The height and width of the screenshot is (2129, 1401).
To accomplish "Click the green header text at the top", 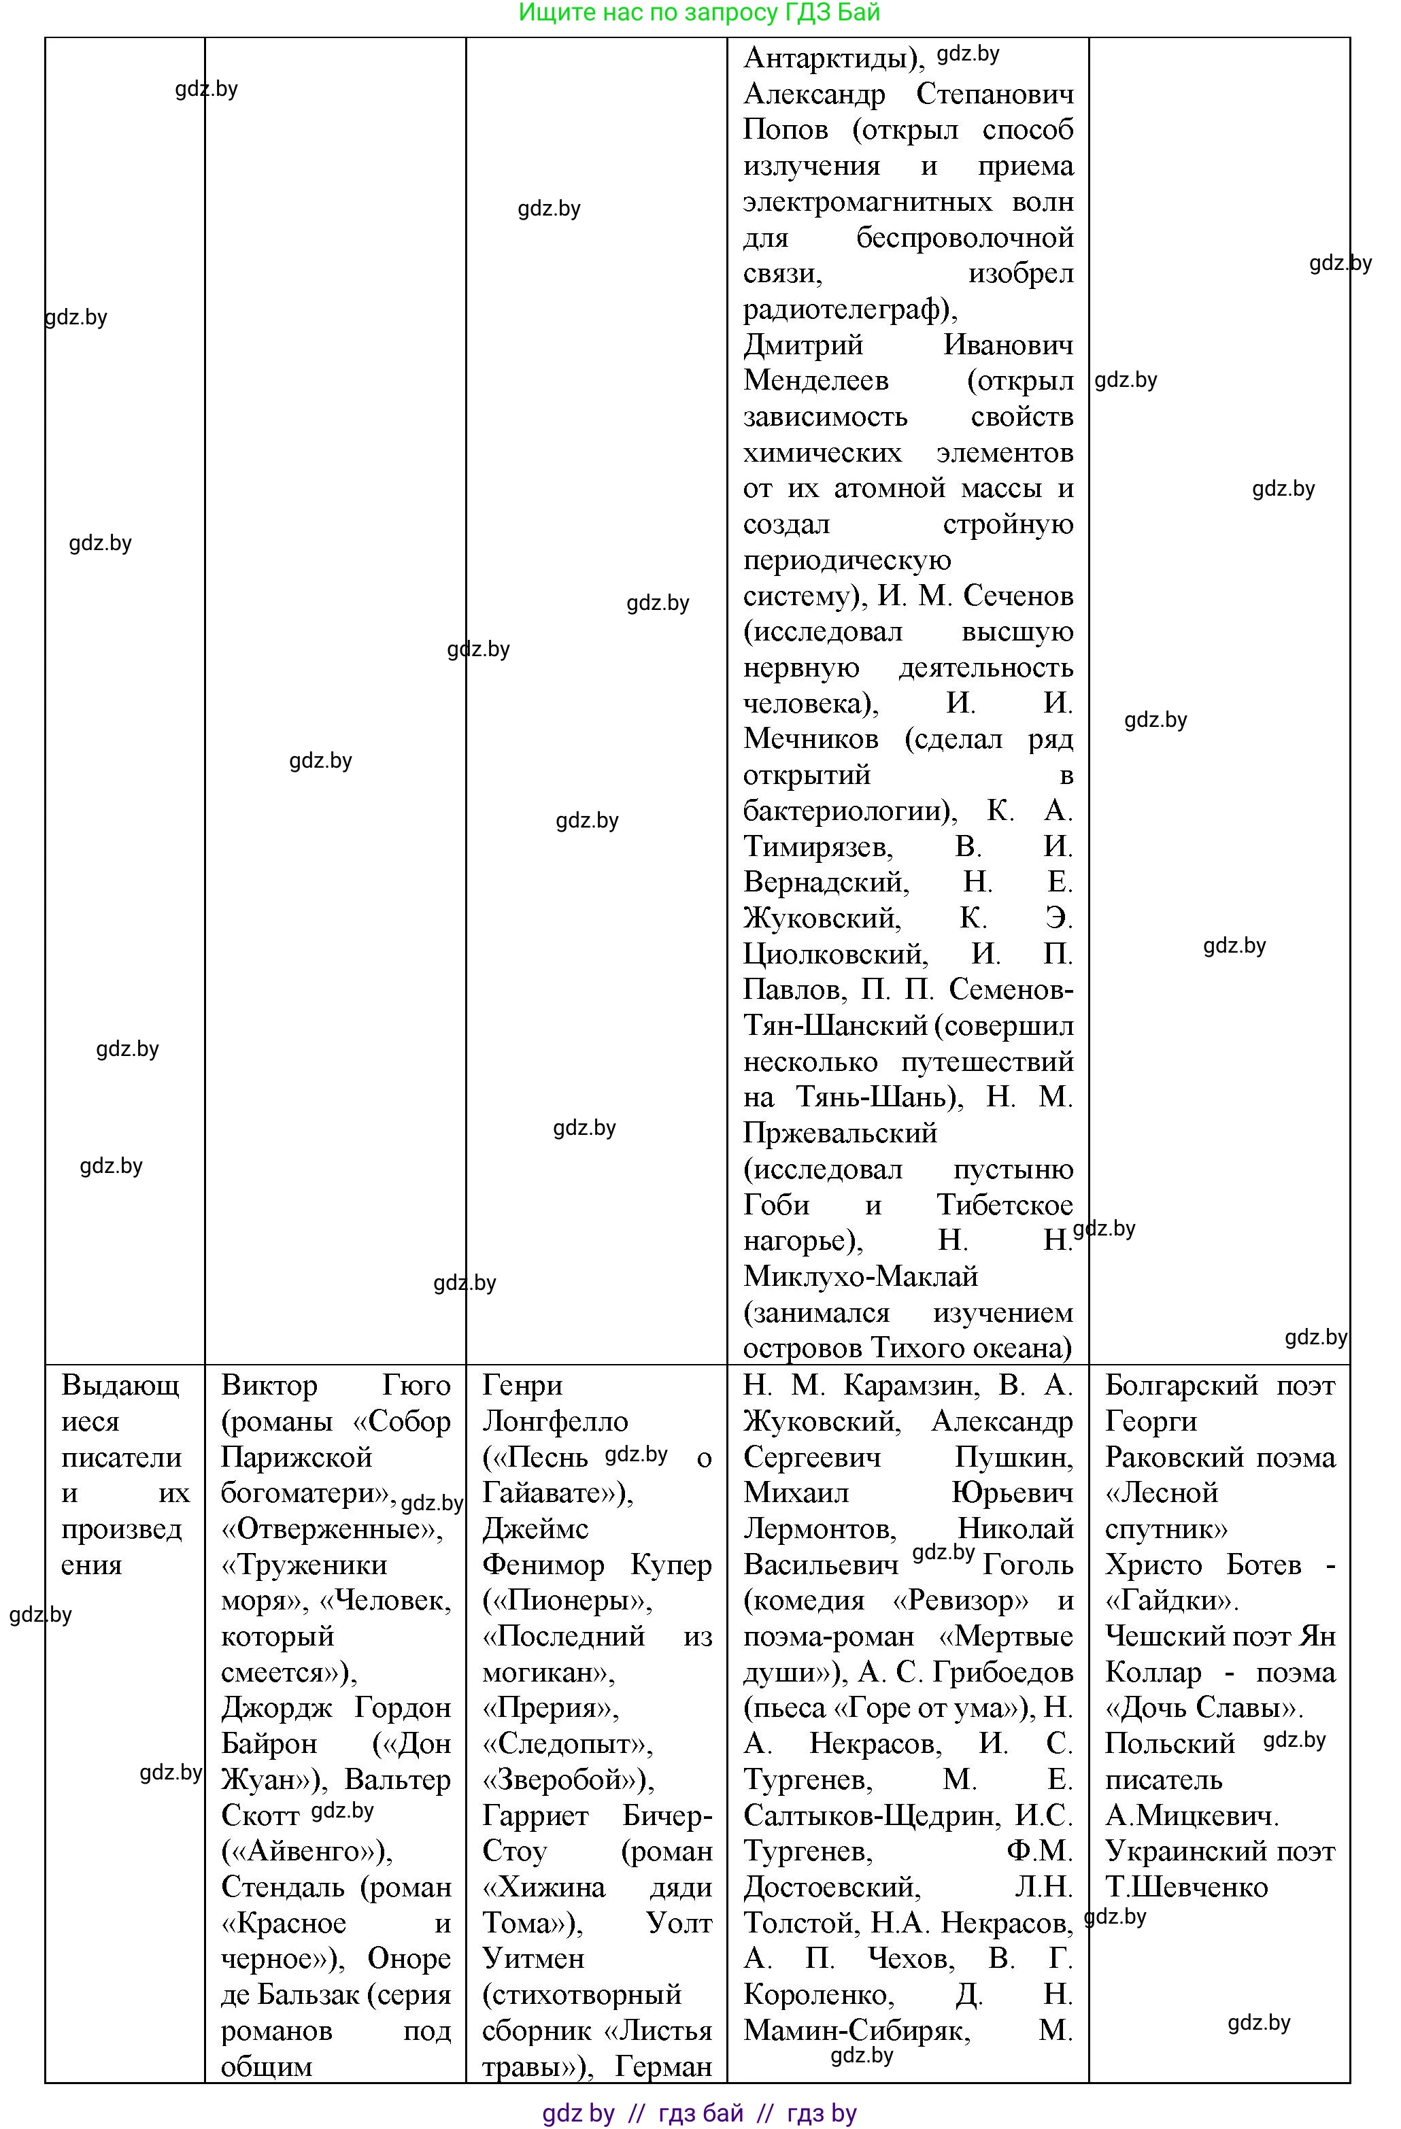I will pos(700,12).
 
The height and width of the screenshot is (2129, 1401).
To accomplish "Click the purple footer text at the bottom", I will pos(700,2113).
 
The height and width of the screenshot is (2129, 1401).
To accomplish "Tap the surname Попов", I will pos(786,130).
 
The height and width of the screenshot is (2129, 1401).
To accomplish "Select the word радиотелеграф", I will pos(845,309).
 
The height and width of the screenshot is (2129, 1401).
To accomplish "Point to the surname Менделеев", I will pos(816,381).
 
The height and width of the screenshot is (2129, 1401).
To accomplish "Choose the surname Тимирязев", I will pos(816,847).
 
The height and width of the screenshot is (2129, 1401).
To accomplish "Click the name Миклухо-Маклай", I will pos(860,1276).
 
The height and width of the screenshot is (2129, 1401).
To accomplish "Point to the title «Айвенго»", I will pos(307,1851).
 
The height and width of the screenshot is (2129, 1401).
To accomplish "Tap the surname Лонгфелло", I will pos(555,1421).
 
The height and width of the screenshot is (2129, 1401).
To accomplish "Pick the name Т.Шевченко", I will pos(1186,1886).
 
